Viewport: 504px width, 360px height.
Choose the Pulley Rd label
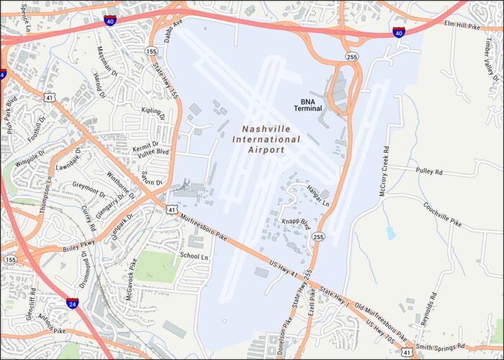click(x=430, y=171)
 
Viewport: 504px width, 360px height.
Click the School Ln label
click(x=194, y=256)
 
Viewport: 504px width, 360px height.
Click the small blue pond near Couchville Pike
click(x=390, y=233)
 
